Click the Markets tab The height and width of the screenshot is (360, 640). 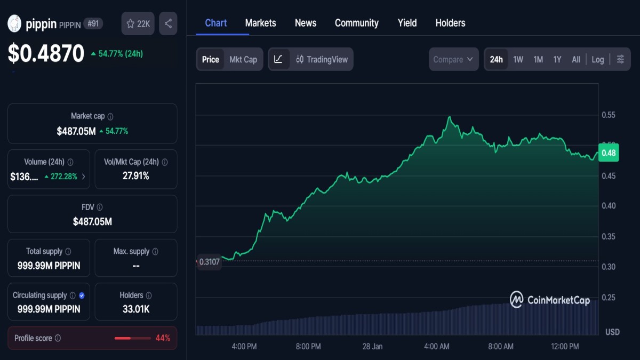point(260,23)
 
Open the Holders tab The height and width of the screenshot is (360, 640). point(450,23)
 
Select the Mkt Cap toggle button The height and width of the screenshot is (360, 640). point(243,59)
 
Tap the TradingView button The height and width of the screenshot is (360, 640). point(322,59)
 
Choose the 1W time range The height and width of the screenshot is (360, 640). point(518,59)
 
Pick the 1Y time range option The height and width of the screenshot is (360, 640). point(557,59)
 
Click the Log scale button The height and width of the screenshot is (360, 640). point(598,59)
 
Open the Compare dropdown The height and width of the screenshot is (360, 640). point(453,59)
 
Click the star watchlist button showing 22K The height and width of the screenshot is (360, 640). point(138,23)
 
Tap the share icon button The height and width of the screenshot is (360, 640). point(168,23)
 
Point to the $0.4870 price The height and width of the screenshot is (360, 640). point(46,53)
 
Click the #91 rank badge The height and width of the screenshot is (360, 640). point(93,23)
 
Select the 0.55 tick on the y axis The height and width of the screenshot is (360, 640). point(609,115)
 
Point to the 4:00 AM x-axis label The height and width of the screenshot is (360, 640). point(436,346)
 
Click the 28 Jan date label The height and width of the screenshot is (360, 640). point(372,346)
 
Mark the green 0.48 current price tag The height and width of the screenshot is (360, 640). point(609,153)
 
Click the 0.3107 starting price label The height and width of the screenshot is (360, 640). point(209,262)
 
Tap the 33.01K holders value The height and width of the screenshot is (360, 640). point(135,309)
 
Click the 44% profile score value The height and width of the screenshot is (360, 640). point(163,338)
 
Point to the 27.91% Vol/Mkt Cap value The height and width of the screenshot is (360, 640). point(135,175)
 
